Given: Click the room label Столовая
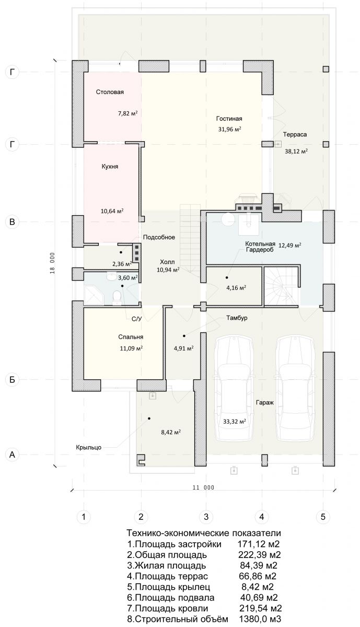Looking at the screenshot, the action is click(110, 92).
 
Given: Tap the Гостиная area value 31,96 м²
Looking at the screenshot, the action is click(229, 130).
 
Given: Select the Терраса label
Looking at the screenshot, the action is click(295, 134).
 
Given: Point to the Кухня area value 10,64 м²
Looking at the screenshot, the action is click(112, 211).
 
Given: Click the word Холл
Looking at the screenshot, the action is click(167, 262).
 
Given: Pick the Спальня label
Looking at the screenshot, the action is click(131, 337).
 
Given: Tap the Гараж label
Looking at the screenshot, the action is click(264, 402).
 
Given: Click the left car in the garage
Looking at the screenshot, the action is click(234, 388).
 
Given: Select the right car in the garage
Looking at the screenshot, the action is click(295, 388).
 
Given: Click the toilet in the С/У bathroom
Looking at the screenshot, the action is click(116, 297).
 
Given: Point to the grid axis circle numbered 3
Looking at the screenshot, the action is click(206, 517).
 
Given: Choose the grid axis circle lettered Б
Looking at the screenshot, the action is click(12, 379).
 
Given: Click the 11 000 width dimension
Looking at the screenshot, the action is click(203, 487).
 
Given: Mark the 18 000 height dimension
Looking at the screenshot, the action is click(52, 263).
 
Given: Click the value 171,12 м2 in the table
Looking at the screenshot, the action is click(259, 544).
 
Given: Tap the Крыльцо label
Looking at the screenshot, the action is click(88, 447).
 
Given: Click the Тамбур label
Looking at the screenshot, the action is click(237, 318).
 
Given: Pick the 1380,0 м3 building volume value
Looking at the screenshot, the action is click(260, 619).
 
